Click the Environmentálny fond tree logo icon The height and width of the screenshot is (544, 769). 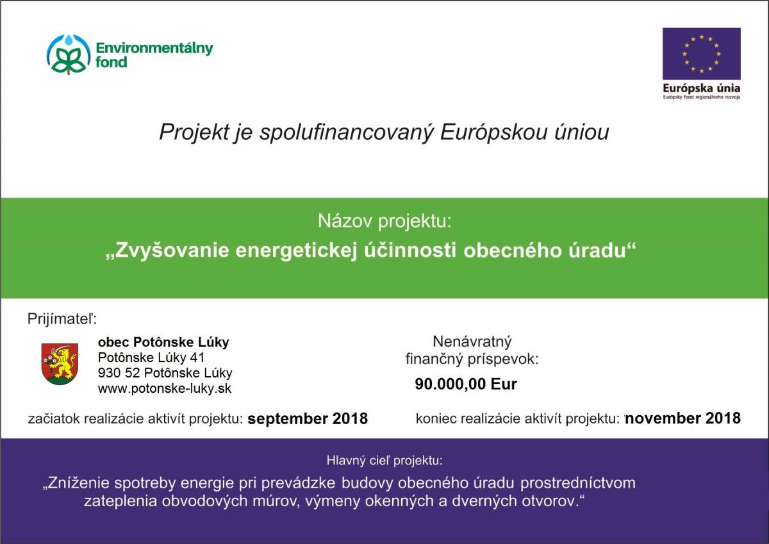click(x=69, y=54)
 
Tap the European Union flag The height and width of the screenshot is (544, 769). click(x=701, y=54)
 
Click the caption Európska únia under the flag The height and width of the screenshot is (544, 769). click(x=701, y=88)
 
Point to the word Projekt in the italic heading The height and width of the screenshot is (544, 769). click(x=194, y=132)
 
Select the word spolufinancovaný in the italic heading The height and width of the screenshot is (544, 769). click(x=347, y=133)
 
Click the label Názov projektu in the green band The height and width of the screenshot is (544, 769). click(x=384, y=221)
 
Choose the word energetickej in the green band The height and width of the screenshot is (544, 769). click(x=297, y=251)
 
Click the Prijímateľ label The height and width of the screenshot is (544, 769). click(x=62, y=319)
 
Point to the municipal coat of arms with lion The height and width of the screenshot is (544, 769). click(x=60, y=364)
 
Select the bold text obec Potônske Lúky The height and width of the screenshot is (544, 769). click(x=163, y=342)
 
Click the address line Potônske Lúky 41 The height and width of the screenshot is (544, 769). click(x=151, y=358)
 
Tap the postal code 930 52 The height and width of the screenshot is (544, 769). click(x=119, y=373)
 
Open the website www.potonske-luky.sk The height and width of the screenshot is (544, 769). click(x=165, y=388)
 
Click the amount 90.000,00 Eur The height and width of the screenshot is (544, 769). click(x=465, y=384)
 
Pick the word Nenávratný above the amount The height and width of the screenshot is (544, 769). click(x=472, y=342)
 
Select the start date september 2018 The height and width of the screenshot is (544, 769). click(x=308, y=418)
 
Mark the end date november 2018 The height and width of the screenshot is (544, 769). click(x=683, y=418)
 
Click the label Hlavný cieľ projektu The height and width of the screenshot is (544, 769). click(x=384, y=461)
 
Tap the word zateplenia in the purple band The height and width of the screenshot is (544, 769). click(x=120, y=502)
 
